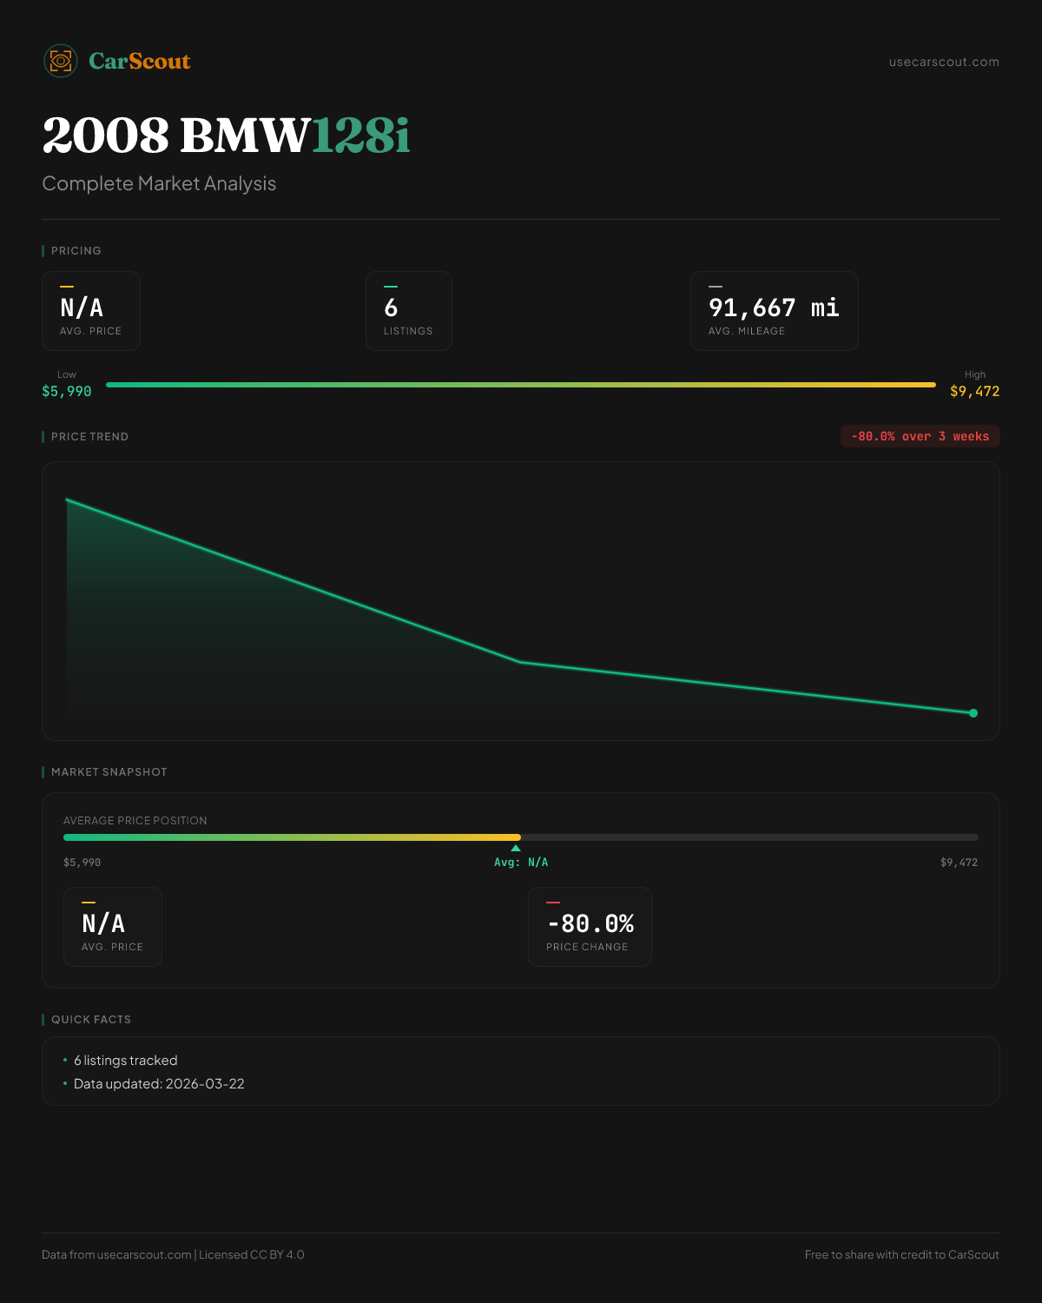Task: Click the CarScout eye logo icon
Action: click(x=61, y=61)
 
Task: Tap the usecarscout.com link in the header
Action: click(x=944, y=62)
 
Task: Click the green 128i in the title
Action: click(x=360, y=136)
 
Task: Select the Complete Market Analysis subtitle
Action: click(x=159, y=183)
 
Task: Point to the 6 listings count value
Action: click(x=391, y=308)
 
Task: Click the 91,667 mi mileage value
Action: click(x=774, y=308)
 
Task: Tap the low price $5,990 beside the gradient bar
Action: click(x=67, y=391)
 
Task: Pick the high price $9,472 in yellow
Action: click(x=974, y=391)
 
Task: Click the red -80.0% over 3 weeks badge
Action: click(x=920, y=436)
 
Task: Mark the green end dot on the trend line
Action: click(x=973, y=713)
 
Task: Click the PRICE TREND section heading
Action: click(x=89, y=437)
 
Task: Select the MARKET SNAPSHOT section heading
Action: click(x=109, y=772)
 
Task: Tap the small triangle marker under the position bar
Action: click(x=516, y=848)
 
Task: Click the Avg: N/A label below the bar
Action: click(x=521, y=863)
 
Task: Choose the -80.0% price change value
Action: click(x=590, y=923)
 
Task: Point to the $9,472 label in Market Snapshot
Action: click(x=959, y=863)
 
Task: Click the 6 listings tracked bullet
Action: click(x=125, y=1061)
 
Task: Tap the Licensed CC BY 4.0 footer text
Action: click(x=252, y=1254)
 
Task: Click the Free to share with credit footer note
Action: click(x=901, y=1254)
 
